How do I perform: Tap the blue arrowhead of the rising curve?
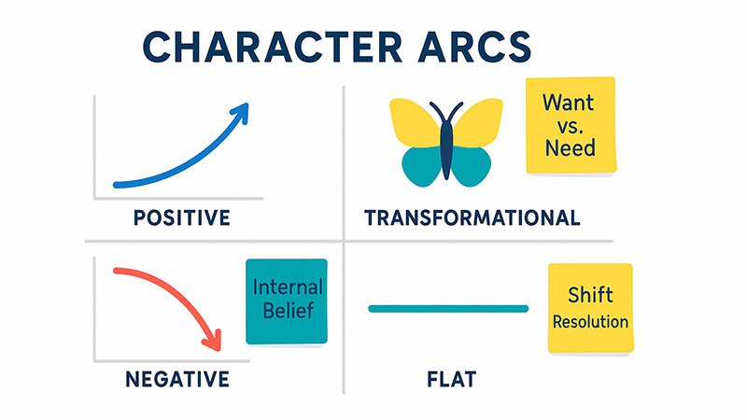click(241, 113)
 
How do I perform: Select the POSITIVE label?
click(181, 218)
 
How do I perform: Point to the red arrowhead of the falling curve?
click(216, 340)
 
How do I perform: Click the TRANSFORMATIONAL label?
click(472, 218)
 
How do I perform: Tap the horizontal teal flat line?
click(448, 308)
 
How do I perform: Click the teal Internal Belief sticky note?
click(286, 301)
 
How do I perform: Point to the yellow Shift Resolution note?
click(589, 309)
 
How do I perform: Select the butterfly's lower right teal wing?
click(472, 166)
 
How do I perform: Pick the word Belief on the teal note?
click(287, 312)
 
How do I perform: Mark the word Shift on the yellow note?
click(590, 296)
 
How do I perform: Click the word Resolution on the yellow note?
click(590, 322)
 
